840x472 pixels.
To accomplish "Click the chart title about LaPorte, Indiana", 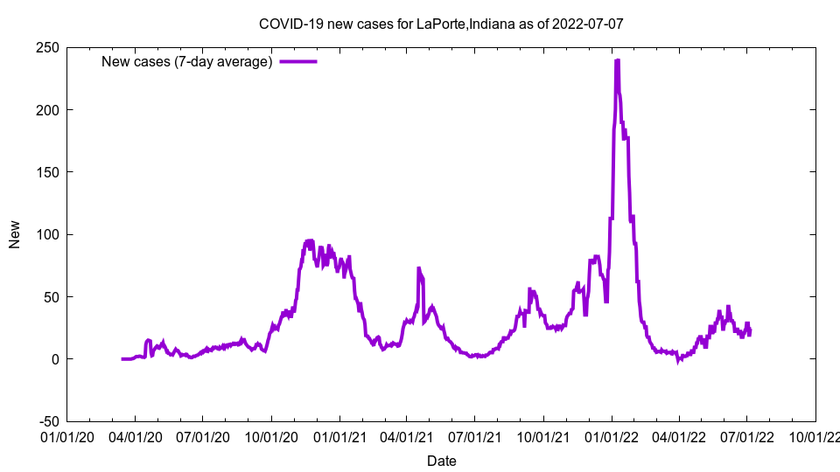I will pyautogui.click(x=441, y=24).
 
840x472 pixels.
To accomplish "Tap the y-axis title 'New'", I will pyautogui.click(x=15, y=234).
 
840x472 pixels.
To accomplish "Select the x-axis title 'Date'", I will pyautogui.click(x=441, y=461).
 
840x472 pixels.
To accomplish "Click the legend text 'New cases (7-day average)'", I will pyautogui.click(x=187, y=62).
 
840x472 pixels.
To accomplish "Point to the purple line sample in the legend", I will pyautogui.click(x=298, y=62).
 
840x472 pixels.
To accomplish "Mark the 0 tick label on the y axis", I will pyautogui.click(x=53, y=359).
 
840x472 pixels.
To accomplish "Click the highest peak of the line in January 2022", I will pyautogui.click(x=617, y=60).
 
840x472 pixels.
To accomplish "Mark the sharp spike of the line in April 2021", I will pyautogui.click(x=418, y=268).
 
